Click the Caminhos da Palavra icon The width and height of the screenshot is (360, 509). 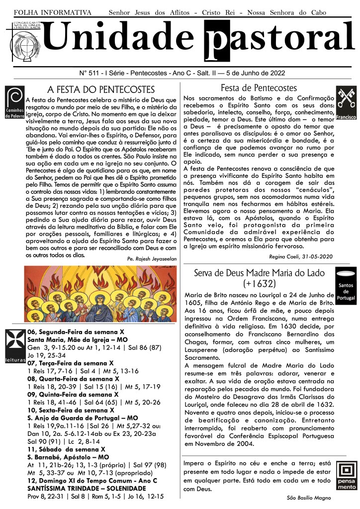point(14,102)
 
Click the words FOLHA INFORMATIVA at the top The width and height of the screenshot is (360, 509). point(53,11)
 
